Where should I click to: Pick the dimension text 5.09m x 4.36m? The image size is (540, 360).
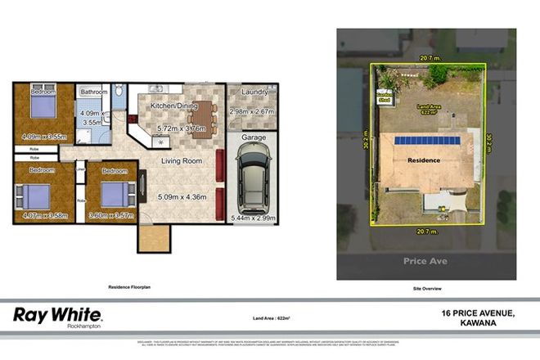click(x=181, y=196)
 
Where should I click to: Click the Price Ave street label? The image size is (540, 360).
click(x=425, y=261)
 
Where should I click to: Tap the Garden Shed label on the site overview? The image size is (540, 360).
click(x=384, y=97)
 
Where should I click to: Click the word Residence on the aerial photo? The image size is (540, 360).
click(x=426, y=160)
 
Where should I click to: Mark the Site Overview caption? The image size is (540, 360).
click(x=426, y=289)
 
